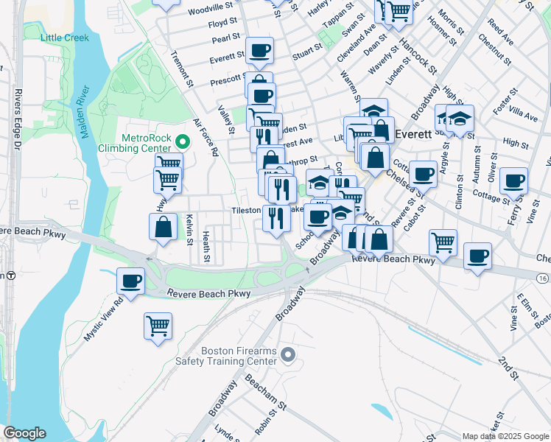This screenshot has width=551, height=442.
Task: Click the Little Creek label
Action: tap(65, 38)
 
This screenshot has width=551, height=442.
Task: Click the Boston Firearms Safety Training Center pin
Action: tap(288, 356)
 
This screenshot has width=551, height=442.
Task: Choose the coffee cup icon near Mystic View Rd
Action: tap(131, 281)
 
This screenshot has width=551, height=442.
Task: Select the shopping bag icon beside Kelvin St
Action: tap(164, 227)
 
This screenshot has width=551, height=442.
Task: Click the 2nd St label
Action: tap(508, 368)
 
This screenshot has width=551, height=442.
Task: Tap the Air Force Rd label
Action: tap(206, 137)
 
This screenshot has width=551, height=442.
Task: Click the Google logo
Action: tap(24, 433)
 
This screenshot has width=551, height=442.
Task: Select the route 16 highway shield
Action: tap(542, 278)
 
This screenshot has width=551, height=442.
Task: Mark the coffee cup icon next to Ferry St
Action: tap(513, 180)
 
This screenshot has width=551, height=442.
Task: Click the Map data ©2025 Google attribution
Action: tap(505, 436)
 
